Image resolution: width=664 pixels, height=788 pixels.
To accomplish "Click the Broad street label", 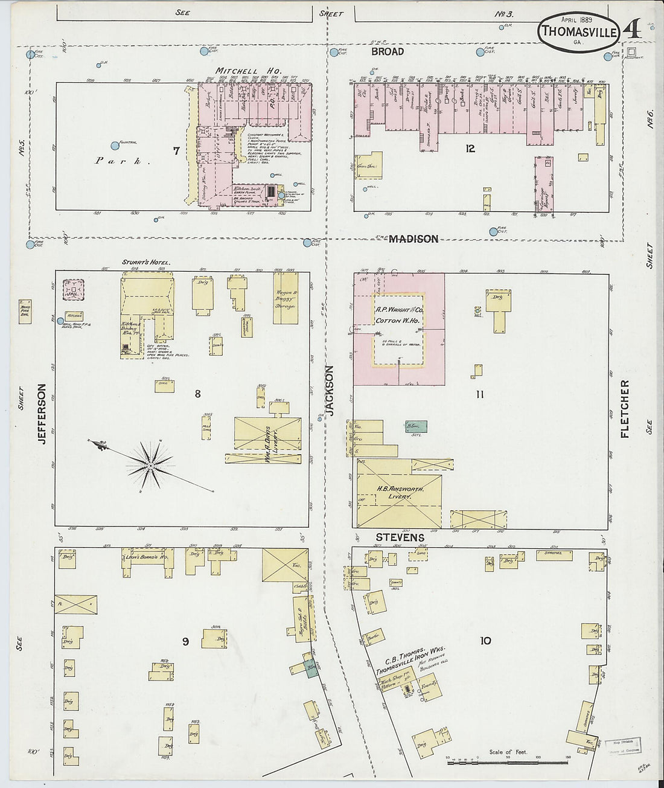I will pyautogui.click(x=388, y=52).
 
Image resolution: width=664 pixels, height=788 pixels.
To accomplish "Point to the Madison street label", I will pyautogui.click(x=413, y=239).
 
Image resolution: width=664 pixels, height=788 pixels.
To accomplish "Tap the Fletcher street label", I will pyautogui.click(x=625, y=408).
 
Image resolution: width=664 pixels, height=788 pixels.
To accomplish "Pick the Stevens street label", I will pyautogui.click(x=400, y=537).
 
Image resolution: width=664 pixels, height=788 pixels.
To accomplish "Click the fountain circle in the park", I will pyautogui.click(x=115, y=146).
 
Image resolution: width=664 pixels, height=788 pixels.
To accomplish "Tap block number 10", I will pyautogui.click(x=485, y=641).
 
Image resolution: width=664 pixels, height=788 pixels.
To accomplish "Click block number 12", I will pyautogui.click(x=470, y=148).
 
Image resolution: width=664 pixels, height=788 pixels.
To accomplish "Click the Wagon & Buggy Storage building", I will pyautogui.click(x=286, y=298).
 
